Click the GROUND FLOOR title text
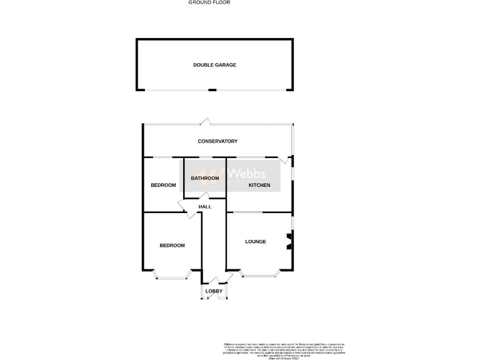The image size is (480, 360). [x=209, y=2]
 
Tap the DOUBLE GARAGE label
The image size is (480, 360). [x=214, y=65]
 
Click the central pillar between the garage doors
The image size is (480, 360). [x=212, y=90]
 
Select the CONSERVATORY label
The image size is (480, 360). [x=217, y=141]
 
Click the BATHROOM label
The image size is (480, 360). [x=205, y=178]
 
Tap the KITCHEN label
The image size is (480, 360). [x=259, y=185]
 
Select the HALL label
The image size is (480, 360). [x=204, y=207]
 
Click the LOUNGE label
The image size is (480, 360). [x=255, y=242]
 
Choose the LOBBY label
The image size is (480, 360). [x=214, y=291]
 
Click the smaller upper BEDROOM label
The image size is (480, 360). [x=163, y=185]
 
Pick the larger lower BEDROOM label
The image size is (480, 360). [x=172, y=246]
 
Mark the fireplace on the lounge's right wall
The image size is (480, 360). [x=289, y=241]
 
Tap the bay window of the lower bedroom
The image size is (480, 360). [x=172, y=275]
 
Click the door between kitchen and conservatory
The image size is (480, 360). [x=284, y=160]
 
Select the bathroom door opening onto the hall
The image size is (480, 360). [x=203, y=197]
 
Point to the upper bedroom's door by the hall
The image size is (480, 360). [x=184, y=207]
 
